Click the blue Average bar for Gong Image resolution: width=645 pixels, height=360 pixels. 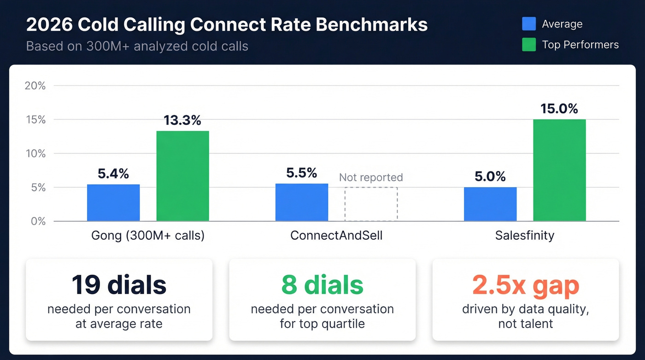click(x=113, y=203)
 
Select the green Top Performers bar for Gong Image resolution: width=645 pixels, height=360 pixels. click(x=182, y=176)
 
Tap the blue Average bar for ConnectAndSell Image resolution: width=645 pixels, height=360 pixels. click(x=302, y=202)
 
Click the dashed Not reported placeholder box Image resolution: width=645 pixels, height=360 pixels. click(x=371, y=204)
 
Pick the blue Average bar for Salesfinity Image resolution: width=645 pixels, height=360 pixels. click(x=490, y=204)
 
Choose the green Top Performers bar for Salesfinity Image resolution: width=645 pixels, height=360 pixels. click(x=559, y=170)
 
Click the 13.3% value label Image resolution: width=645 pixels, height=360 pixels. click(x=182, y=120)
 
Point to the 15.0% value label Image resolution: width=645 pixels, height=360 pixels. click(x=559, y=109)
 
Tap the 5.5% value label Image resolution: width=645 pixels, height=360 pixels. click(x=302, y=173)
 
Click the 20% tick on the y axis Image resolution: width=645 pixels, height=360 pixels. click(x=35, y=86)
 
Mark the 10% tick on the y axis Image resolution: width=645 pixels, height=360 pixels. click(x=35, y=153)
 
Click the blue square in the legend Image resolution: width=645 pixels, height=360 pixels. click(x=529, y=24)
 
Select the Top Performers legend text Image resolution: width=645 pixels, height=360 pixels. click(x=580, y=45)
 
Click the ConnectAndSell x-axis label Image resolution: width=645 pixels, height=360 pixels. click(x=336, y=236)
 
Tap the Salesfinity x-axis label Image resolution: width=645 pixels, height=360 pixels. click(x=525, y=236)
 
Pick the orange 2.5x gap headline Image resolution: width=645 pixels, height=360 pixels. click(x=526, y=286)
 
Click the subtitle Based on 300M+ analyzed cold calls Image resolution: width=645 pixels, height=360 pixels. click(x=137, y=47)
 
